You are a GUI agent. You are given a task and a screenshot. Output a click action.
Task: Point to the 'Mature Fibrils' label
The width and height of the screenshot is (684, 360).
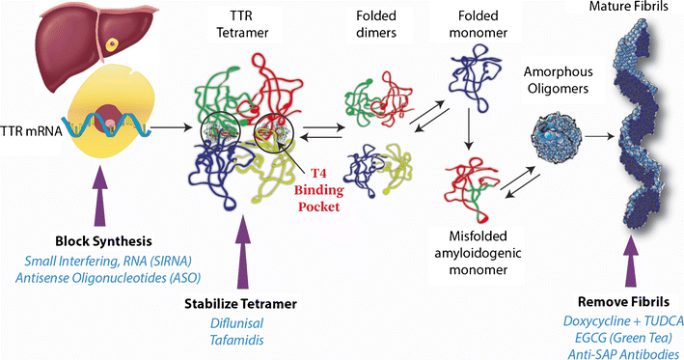click(619, 9)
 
